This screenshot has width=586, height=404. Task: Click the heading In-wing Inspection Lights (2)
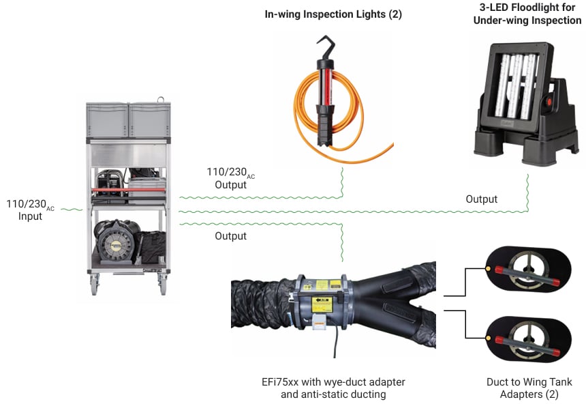(333, 14)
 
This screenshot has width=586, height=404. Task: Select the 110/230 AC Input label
(31, 210)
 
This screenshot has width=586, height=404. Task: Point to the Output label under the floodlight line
(481, 199)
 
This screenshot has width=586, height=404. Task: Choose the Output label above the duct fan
(230, 236)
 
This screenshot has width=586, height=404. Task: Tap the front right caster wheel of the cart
(163, 285)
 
